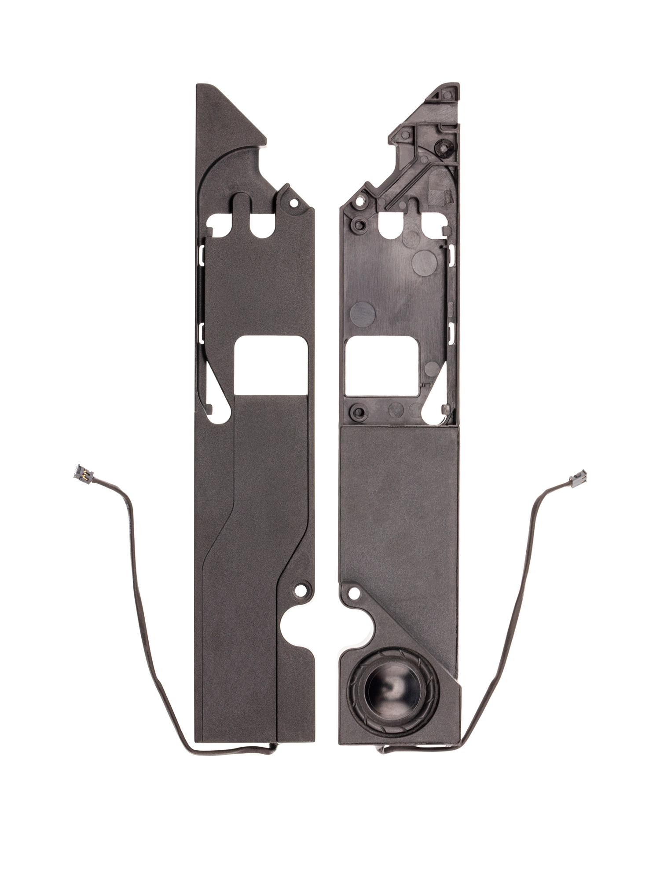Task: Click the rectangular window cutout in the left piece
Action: [271, 365]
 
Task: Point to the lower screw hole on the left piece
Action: [301, 589]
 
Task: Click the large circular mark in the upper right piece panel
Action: [424, 261]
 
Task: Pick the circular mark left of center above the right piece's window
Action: [362, 313]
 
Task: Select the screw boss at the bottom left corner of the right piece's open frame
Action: [359, 412]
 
